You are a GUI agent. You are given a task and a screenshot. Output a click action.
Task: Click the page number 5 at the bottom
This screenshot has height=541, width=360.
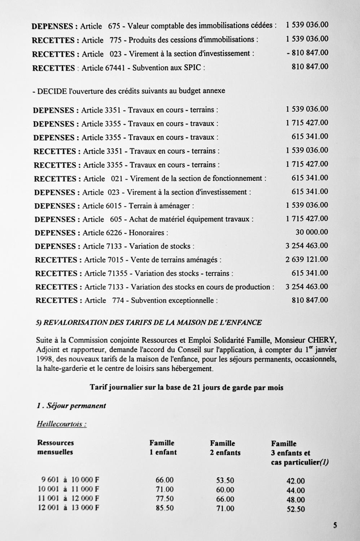pyautogui.click(x=335, y=525)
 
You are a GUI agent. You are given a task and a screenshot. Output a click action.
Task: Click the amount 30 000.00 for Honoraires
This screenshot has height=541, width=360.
pyautogui.click(x=312, y=232)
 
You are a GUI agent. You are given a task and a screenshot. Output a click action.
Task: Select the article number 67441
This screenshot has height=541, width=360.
pyautogui.click(x=114, y=68)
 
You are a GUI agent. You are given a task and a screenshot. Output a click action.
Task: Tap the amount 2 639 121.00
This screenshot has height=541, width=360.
pyautogui.click(x=307, y=259)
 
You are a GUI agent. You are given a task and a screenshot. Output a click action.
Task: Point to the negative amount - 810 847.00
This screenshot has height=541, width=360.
pyautogui.click(x=307, y=53)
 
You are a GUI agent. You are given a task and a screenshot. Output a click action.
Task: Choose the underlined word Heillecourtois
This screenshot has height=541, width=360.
pyautogui.click(x=61, y=424)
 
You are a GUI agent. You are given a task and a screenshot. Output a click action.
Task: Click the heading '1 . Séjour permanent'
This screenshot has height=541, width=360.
pyautogui.click(x=71, y=406)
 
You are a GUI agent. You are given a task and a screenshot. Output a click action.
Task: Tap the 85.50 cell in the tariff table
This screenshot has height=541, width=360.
pyautogui.click(x=164, y=508)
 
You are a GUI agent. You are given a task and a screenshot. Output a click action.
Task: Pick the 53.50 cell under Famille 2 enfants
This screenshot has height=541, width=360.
pyautogui.click(x=225, y=480)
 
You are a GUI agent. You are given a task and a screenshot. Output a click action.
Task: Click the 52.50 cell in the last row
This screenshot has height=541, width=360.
pyautogui.click(x=296, y=509)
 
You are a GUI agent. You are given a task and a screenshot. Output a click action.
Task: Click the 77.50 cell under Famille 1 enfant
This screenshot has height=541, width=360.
pyautogui.click(x=164, y=499)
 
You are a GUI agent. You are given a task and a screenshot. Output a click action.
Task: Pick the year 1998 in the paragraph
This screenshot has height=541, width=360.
pyautogui.click(x=44, y=359)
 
